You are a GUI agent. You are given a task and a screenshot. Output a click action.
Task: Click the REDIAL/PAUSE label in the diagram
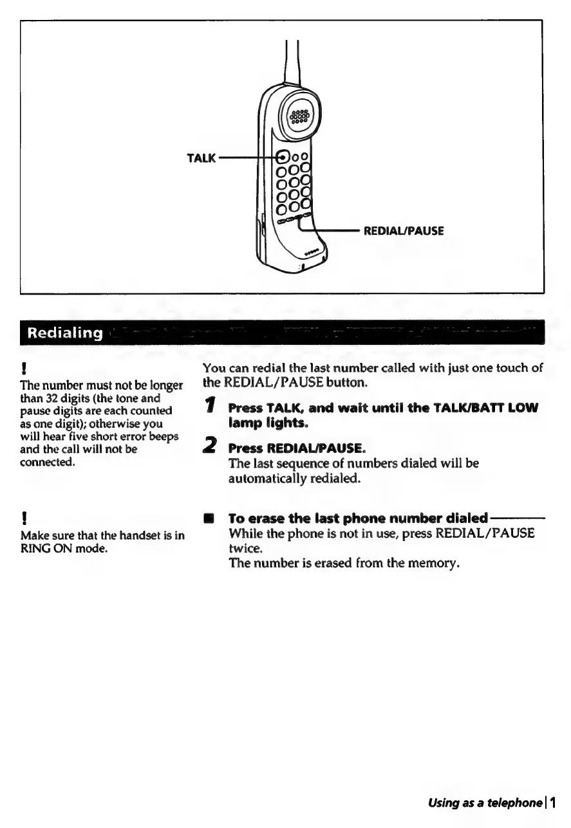tap(404, 230)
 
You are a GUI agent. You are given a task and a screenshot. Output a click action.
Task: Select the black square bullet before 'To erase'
tap(208, 519)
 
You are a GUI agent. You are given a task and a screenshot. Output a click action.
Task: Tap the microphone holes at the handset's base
tap(312, 253)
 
